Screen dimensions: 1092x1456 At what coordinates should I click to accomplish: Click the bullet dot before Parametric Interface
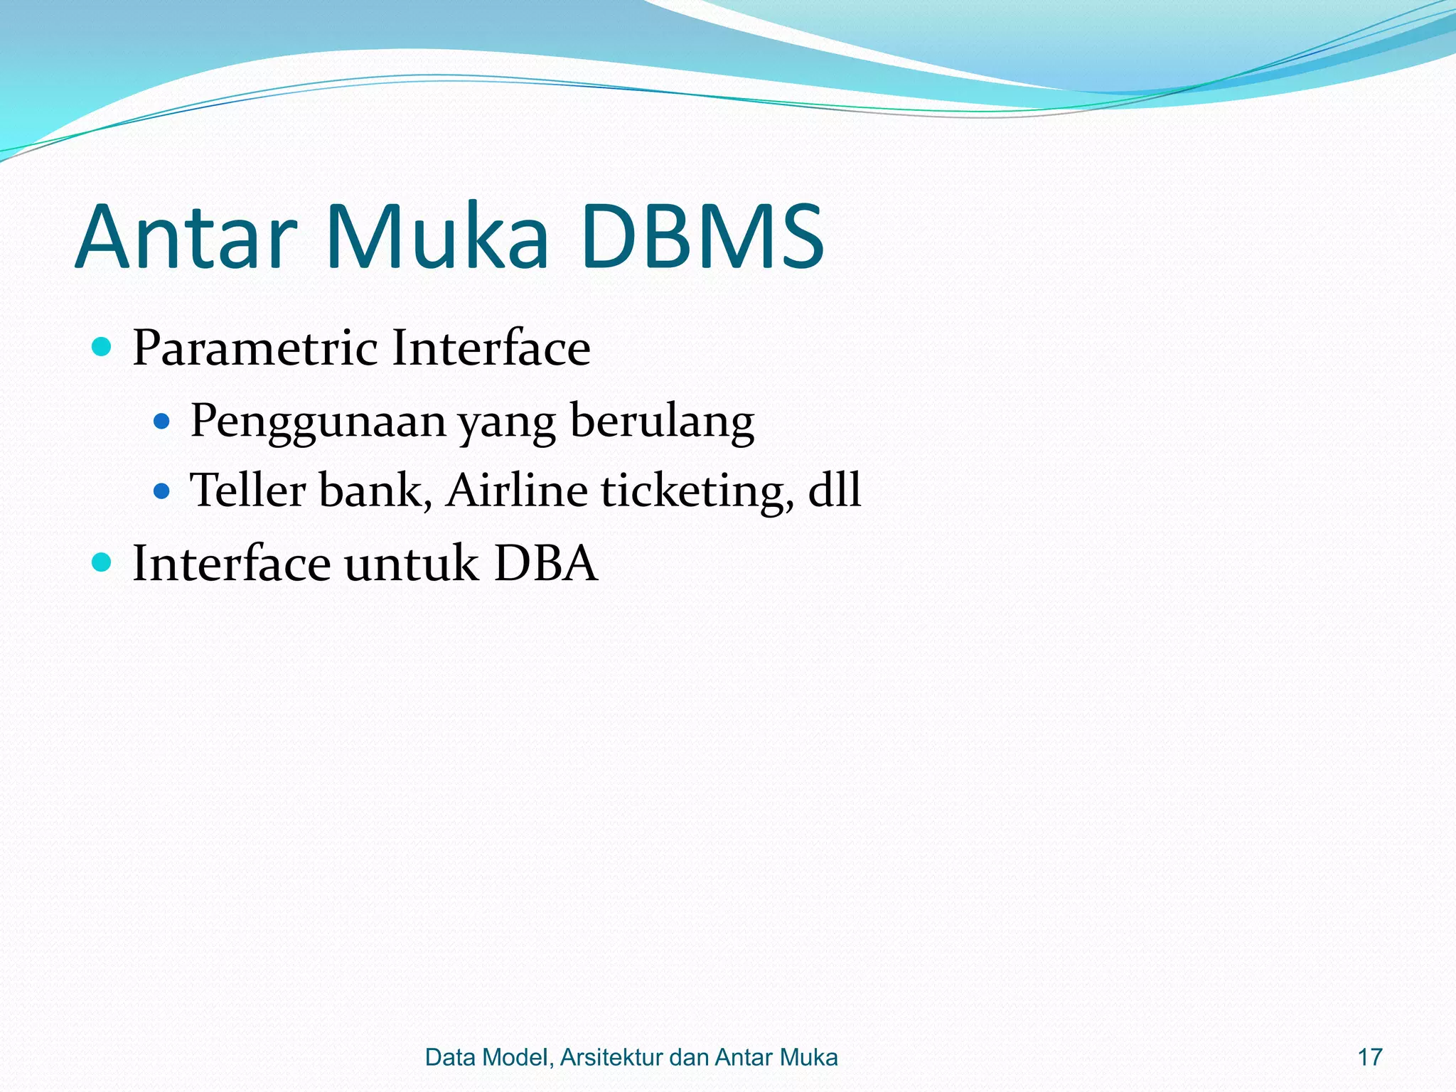pyautogui.click(x=102, y=347)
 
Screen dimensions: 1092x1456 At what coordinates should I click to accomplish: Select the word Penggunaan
pyautogui.click(x=318, y=422)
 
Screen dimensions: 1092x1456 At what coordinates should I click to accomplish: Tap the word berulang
pyautogui.click(x=662, y=422)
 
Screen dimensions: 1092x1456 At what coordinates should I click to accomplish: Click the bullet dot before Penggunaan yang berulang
pyautogui.click(x=162, y=422)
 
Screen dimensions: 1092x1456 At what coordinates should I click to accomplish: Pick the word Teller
pyautogui.click(x=247, y=490)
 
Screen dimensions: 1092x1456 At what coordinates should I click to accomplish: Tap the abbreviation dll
pyautogui.click(x=835, y=490)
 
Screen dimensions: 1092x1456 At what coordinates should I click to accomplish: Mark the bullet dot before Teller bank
pyautogui.click(x=162, y=491)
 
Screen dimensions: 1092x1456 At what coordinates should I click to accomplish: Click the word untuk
pyautogui.click(x=412, y=563)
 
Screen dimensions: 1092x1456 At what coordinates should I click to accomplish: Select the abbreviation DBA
pyautogui.click(x=545, y=563)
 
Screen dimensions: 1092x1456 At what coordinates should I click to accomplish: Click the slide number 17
pyautogui.click(x=1369, y=1057)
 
